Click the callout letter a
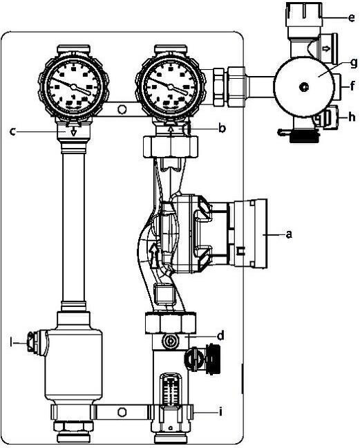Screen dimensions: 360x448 [x=290, y=234]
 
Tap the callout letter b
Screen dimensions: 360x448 [x=222, y=128]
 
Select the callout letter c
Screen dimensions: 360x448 [x=12, y=132]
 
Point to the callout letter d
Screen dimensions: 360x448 [x=220, y=336]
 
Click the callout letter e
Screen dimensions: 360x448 [x=352, y=18]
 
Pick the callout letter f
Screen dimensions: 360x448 [x=352, y=86]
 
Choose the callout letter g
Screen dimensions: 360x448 [x=354, y=63]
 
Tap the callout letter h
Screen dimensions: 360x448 [x=352, y=117]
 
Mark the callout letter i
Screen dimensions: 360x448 [x=220, y=411]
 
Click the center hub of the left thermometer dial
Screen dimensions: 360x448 [x=74, y=86]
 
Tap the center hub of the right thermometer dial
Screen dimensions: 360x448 [x=171, y=86]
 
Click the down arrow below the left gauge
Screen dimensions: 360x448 [x=74, y=131]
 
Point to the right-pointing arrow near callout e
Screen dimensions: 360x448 [x=326, y=49]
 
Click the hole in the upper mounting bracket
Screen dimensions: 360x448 [x=122, y=109]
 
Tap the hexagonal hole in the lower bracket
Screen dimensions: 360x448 [x=122, y=412]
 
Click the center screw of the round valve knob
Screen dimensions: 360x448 [x=304, y=86]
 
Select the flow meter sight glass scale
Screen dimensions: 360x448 [x=171, y=391]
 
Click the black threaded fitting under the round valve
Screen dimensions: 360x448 [x=303, y=136]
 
